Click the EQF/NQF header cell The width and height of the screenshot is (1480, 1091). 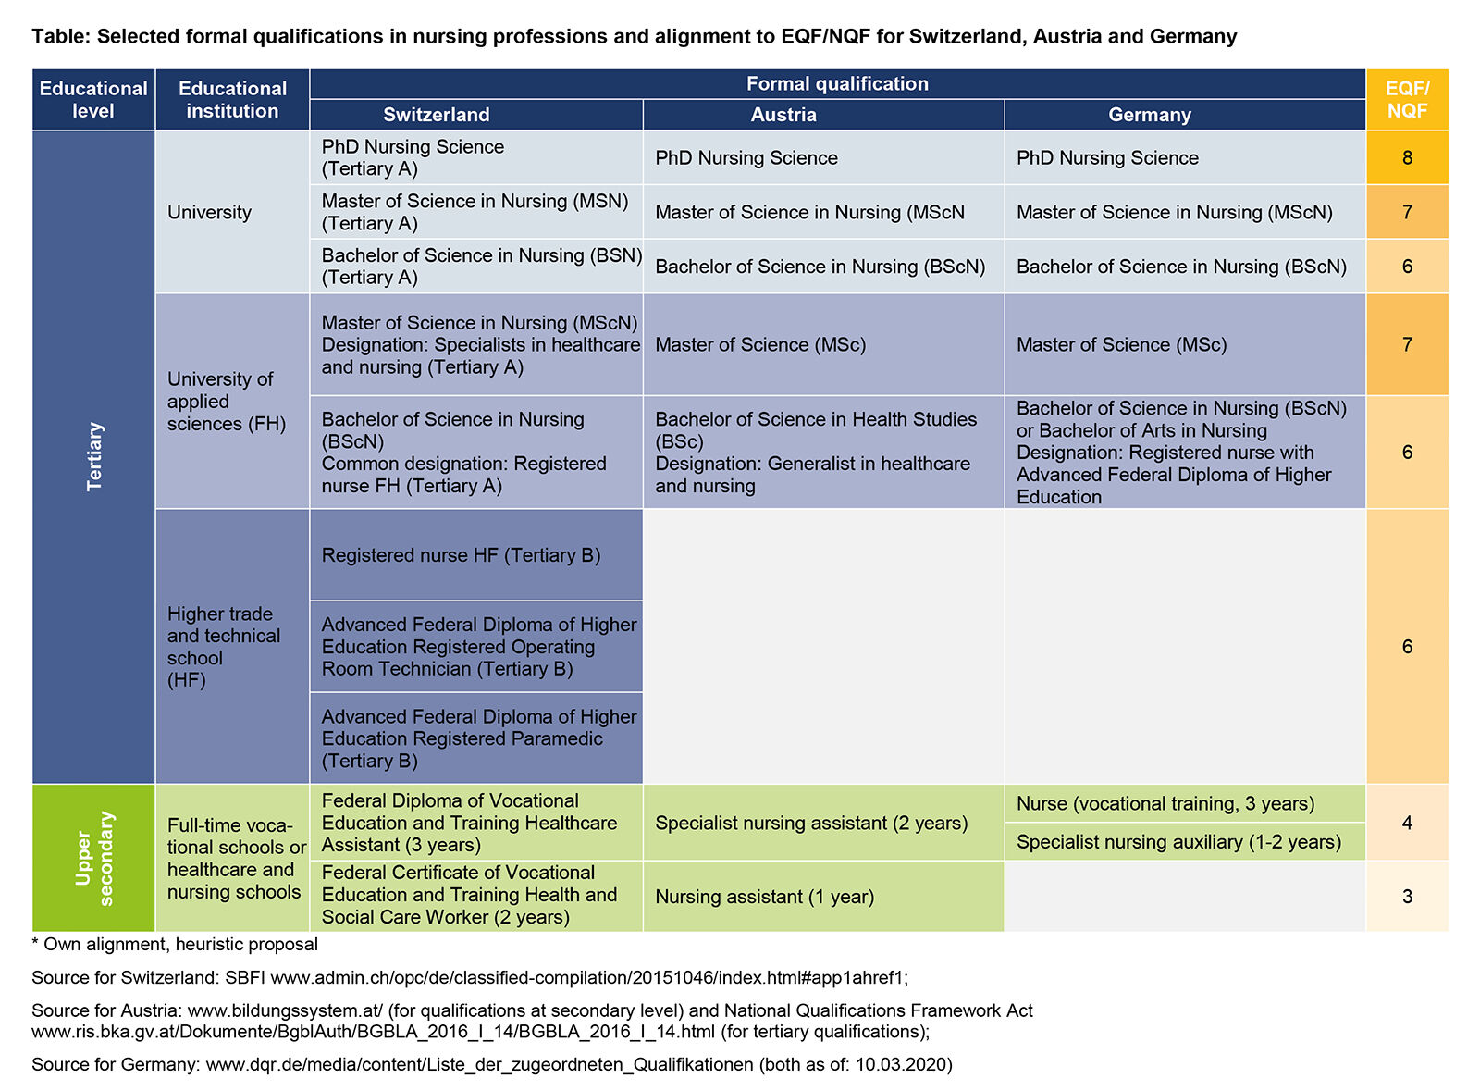1407,99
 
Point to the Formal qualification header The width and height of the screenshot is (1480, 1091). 837,84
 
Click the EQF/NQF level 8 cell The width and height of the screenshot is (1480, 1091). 1407,157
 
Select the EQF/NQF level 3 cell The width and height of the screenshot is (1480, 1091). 1407,896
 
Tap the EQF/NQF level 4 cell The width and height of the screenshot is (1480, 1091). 1407,823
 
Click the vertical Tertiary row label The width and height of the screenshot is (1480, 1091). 94,457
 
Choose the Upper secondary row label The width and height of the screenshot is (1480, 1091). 94,858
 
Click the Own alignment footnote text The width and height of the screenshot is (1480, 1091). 176,945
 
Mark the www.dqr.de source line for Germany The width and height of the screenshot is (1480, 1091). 491,1064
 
